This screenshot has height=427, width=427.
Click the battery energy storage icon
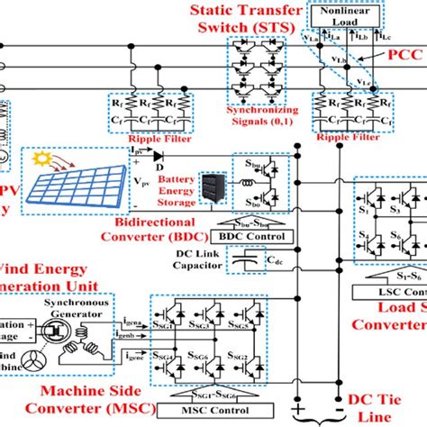click(x=211, y=191)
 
